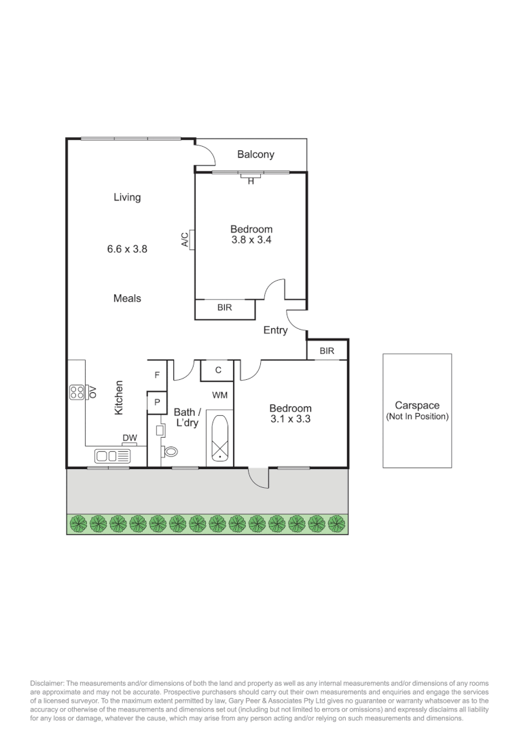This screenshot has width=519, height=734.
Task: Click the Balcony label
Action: coord(255,155)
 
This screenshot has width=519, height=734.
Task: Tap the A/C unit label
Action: coord(184,239)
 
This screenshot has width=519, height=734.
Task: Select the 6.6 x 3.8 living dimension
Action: coord(127,249)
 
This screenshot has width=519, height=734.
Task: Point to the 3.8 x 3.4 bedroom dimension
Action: coord(251,240)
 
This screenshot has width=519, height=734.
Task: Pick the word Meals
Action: coord(127,298)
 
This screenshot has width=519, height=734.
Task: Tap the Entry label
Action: coord(276,331)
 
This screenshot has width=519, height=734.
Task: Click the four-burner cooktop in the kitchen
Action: coord(77,392)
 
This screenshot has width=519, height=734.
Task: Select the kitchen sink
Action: coord(113,456)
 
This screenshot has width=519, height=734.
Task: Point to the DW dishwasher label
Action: coord(129,438)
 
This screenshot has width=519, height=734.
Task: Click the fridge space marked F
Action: coord(157,374)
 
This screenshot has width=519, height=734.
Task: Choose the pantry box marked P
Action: coord(157,402)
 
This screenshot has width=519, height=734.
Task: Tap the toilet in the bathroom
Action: coord(170,450)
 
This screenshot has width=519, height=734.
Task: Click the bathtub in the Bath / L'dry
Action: coord(219,438)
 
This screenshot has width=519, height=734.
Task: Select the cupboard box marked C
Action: coord(218,370)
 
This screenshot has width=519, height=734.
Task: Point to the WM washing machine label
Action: coord(219,395)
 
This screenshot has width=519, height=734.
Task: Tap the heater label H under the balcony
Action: coord(251,181)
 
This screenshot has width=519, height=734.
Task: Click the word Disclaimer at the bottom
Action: coord(46,682)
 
